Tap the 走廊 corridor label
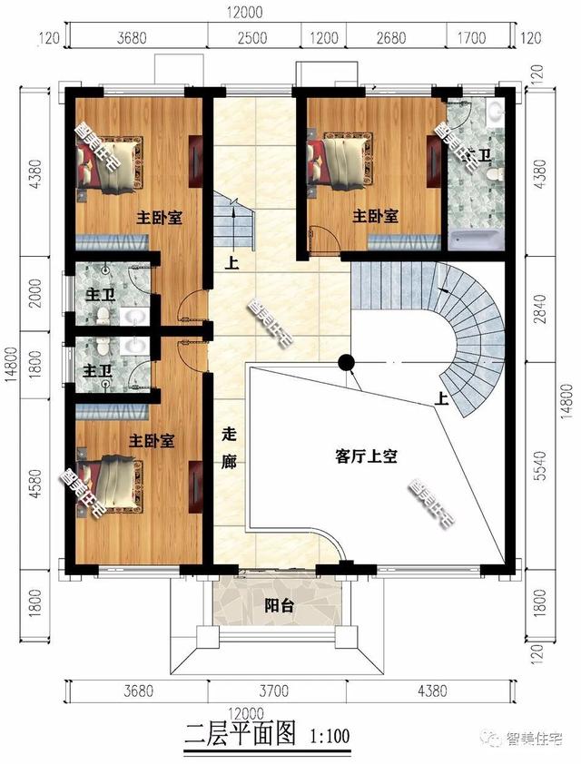228,448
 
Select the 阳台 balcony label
278,607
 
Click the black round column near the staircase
346,363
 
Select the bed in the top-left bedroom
109,163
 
